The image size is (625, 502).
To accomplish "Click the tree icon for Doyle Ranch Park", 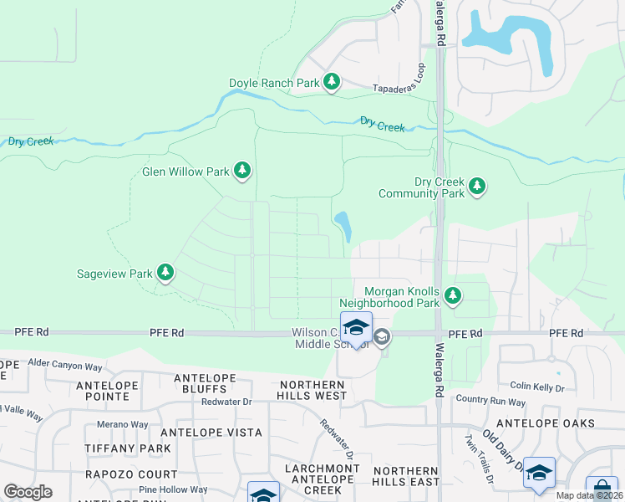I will (x=333, y=81).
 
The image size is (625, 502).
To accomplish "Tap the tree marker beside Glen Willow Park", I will (x=242, y=172).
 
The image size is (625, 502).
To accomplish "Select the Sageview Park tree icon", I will (x=165, y=272).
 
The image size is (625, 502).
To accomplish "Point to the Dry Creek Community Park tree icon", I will (x=477, y=186).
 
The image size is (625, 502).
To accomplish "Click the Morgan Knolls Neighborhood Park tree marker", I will (x=453, y=295).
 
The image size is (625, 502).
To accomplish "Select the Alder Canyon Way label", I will (x=65, y=366).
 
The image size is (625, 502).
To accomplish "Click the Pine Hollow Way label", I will (x=173, y=489).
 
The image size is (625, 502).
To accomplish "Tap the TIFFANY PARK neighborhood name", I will (x=127, y=448).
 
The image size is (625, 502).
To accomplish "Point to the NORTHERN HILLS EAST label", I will (x=406, y=476).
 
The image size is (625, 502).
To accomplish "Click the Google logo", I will (x=28, y=492).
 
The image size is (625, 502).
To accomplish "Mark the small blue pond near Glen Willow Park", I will (x=343, y=224).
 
